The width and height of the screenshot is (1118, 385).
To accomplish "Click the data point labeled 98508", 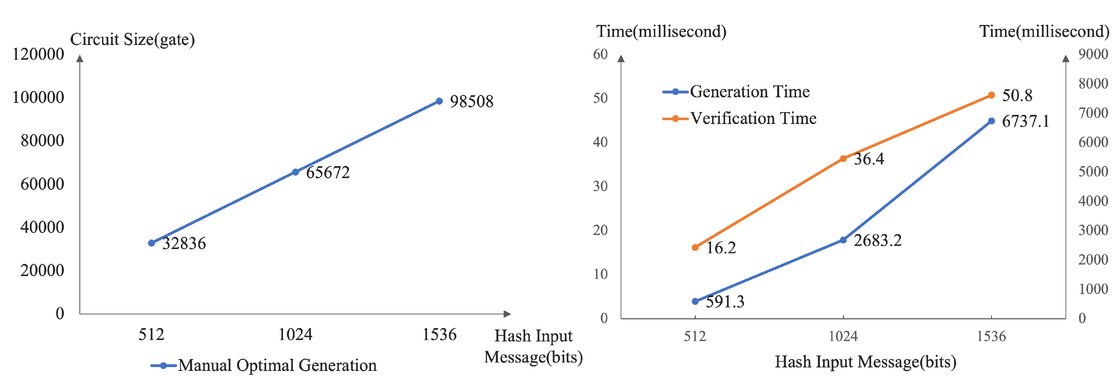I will [x=439, y=101].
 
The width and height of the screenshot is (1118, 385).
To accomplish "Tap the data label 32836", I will [x=184, y=244].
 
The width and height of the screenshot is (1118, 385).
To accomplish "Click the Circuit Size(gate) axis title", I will [x=132, y=39].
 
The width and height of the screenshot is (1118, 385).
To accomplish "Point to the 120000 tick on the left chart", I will [x=38, y=54].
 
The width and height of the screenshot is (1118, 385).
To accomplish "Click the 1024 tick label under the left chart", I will [x=295, y=335].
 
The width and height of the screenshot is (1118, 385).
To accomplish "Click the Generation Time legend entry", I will [x=737, y=92].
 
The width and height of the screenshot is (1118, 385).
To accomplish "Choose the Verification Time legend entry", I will [x=739, y=118].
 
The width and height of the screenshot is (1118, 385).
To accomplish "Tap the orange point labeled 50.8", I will [x=991, y=95].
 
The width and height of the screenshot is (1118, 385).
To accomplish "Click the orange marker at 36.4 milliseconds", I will [x=843, y=159].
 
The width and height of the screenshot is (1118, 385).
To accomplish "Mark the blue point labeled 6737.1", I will [x=991, y=121].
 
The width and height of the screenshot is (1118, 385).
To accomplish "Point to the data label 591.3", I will [x=725, y=302].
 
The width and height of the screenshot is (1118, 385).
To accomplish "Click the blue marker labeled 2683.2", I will [x=843, y=240].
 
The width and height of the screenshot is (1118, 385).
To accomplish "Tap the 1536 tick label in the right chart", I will [x=991, y=337].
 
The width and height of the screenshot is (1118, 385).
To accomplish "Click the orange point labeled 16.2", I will [x=695, y=247].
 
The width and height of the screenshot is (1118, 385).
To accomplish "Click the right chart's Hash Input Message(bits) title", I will [x=866, y=362].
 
